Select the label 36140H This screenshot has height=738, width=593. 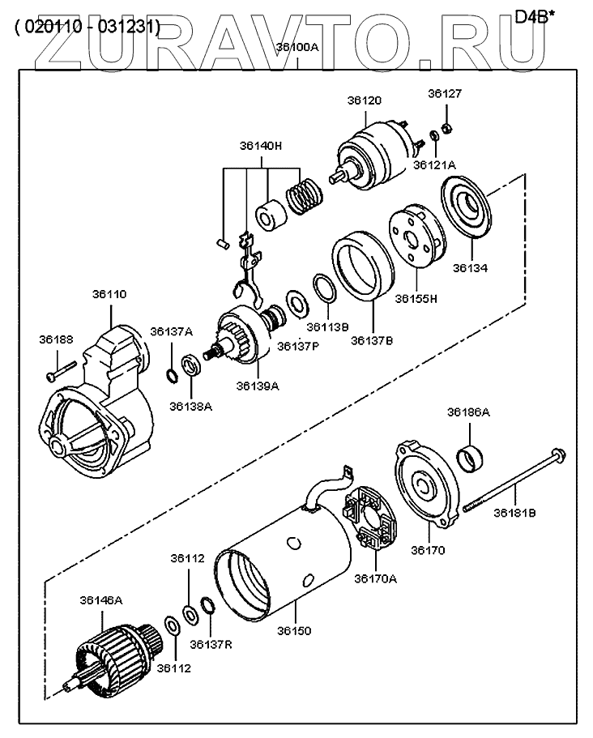coord(260,147)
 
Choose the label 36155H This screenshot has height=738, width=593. coord(416,298)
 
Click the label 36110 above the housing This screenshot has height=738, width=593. coord(111,296)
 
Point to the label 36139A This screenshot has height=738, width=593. coord(258,386)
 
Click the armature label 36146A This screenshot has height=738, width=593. coord(101,600)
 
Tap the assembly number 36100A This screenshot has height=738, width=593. coord(297,47)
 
